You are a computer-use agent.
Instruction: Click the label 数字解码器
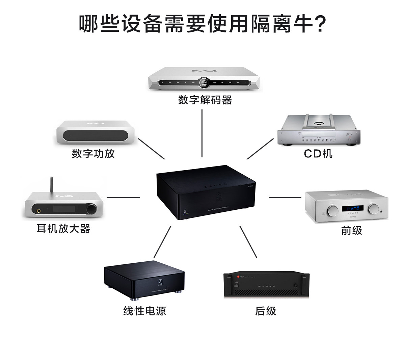point(205,100)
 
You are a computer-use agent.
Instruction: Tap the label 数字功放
point(93,153)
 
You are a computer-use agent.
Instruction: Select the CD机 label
point(318,154)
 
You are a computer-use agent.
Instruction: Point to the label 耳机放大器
point(63,229)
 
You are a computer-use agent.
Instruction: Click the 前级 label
point(351,231)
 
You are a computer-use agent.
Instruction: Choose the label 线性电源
point(144,311)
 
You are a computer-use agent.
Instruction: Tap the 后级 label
point(265,311)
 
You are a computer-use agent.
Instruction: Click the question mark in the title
point(319,24)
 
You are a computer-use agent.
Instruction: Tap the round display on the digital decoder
point(204,82)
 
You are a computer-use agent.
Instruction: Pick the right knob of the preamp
point(374,209)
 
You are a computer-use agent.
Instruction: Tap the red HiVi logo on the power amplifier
point(238,277)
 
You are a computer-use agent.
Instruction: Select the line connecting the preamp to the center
point(285,197)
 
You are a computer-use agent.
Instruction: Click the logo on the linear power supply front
point(160,282)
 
